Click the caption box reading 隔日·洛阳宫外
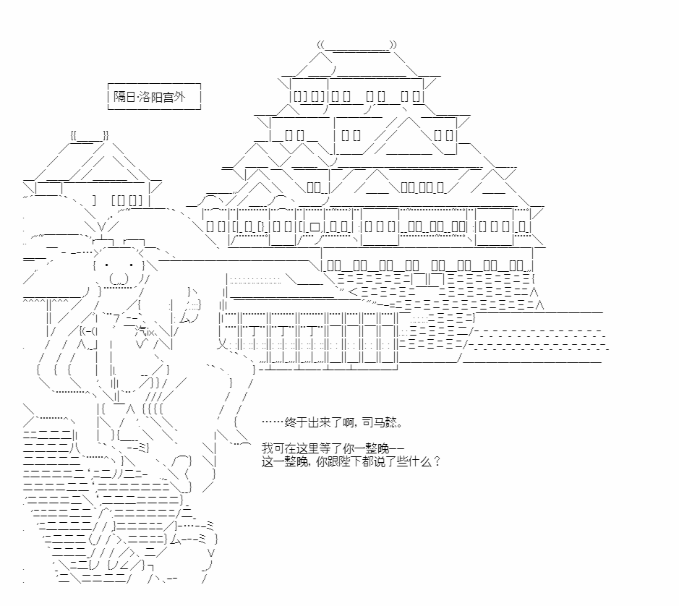coord(154,96)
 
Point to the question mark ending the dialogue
coord(437,461)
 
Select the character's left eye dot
coord(106,265)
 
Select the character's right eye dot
coord(131,265)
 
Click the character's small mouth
coord(119,279)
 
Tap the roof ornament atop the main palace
coord(356,45)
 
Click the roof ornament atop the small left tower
coord(90,136)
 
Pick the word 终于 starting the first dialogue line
coord(296,422)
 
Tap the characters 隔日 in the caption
coord(124,96)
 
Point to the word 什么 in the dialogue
coord(419,461)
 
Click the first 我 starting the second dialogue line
coord(267,448)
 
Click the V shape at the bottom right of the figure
coord(211,553)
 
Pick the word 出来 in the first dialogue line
coord(319,422)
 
